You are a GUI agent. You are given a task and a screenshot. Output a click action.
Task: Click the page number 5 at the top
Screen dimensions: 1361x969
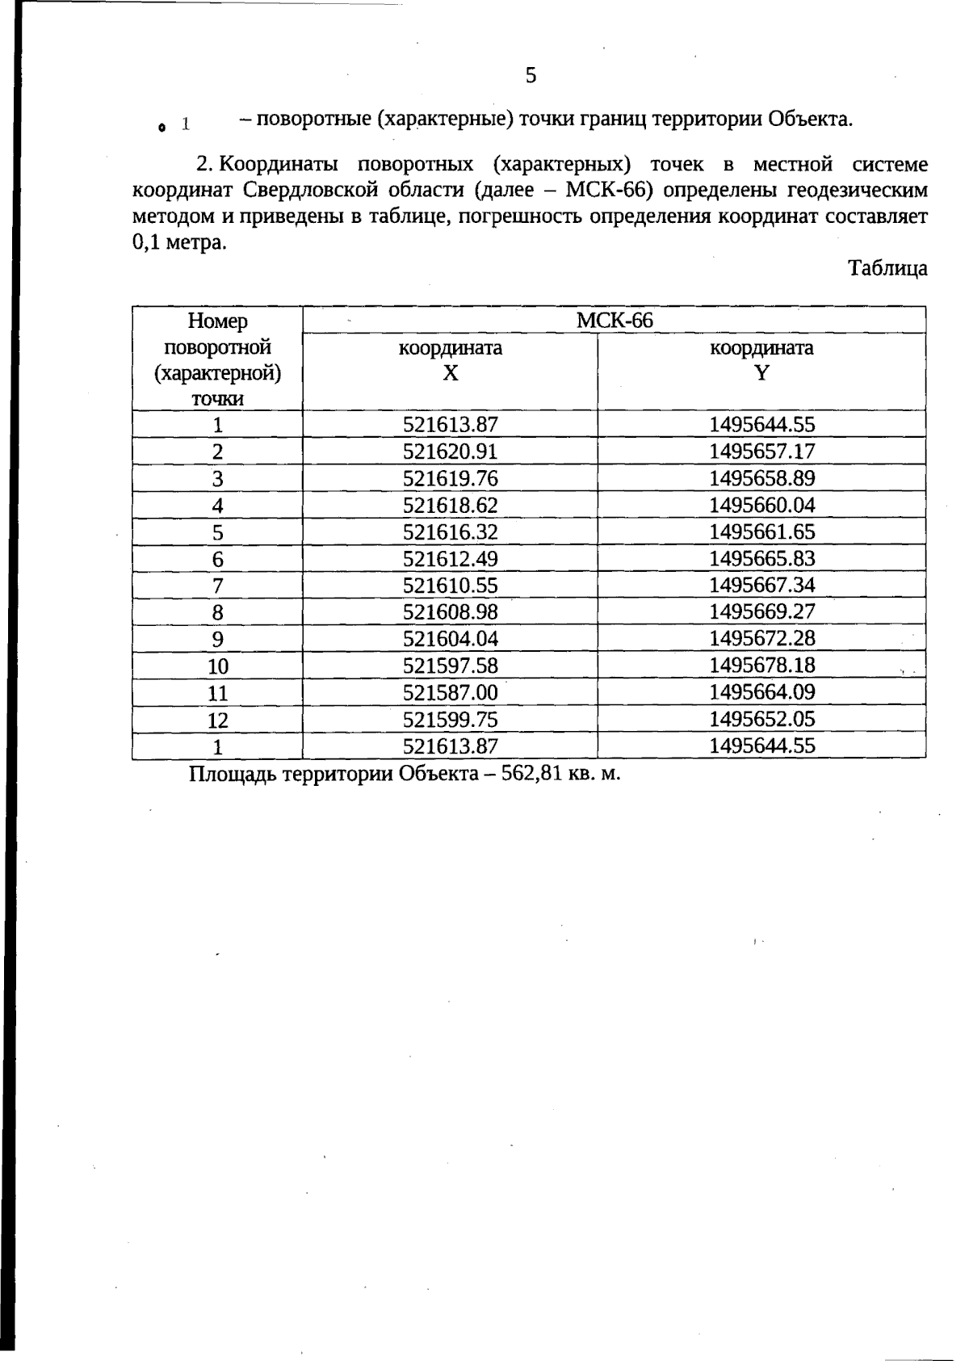click(531, 76)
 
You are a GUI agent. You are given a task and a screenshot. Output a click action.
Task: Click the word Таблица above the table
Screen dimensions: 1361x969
click(887, 269)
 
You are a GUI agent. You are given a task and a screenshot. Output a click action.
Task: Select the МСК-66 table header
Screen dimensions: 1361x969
click(614, 321)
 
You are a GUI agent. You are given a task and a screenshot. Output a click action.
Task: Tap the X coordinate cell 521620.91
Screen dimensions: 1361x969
click(451, 452)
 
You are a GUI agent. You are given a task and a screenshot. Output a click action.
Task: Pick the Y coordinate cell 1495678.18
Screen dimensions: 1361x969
click(761, 666)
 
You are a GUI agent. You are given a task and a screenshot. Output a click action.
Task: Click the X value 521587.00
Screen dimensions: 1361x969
click(451, 692)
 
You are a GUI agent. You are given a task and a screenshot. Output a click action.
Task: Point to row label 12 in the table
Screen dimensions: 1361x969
click(217, 720)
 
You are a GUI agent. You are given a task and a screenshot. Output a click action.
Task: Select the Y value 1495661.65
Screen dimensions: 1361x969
click(761, 532)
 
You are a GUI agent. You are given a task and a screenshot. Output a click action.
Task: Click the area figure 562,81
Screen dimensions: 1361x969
click(531, 774)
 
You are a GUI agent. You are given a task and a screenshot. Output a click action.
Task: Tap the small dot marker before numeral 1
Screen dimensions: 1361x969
click(162, 127)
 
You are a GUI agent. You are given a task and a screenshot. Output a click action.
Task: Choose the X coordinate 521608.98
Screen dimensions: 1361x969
click(451, 612)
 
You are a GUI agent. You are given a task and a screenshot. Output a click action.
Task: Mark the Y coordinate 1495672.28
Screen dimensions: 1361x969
click(761, 639)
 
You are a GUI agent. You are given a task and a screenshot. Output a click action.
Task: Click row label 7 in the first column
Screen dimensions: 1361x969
click(217, 586)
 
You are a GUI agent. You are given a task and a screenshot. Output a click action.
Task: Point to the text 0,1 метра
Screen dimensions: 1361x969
click(178, 243)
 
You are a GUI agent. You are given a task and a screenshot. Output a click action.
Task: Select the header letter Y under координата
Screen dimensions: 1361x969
click(761, 373)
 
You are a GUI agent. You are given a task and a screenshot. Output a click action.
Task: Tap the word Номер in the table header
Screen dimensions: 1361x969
click(217, 321)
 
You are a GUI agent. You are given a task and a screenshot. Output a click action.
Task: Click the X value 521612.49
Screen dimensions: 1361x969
click(451, 559)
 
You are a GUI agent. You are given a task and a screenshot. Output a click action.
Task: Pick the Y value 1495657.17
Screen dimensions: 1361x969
click(761, 452)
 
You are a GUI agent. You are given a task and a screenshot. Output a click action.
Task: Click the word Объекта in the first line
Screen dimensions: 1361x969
click(808, 120)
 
